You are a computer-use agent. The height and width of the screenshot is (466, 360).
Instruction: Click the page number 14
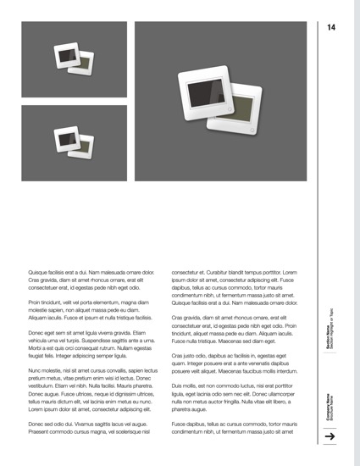[x=331, y=28]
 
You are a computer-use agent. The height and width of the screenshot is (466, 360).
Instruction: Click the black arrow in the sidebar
[x=330, y=435]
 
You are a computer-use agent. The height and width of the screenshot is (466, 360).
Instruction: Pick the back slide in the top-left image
[x=86, y=64]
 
